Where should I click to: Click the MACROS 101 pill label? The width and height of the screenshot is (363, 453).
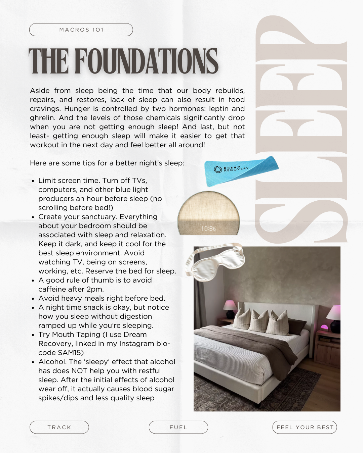click(81, 30)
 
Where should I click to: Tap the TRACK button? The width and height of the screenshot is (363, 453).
click(59, 427)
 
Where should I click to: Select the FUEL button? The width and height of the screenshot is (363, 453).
click(178, 427)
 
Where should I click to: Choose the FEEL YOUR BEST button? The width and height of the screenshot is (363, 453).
click(305, 427)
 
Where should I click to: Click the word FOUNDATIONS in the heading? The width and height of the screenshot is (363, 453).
click(146, 61)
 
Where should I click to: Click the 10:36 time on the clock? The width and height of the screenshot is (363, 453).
click(208, 229)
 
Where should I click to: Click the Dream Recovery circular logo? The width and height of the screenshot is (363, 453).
click(218, 169)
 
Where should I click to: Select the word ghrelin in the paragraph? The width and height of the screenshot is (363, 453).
click(42, 118)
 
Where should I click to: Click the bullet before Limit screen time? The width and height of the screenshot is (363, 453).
click(33, 181)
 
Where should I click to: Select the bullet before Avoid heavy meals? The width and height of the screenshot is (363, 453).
click(33, 299)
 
